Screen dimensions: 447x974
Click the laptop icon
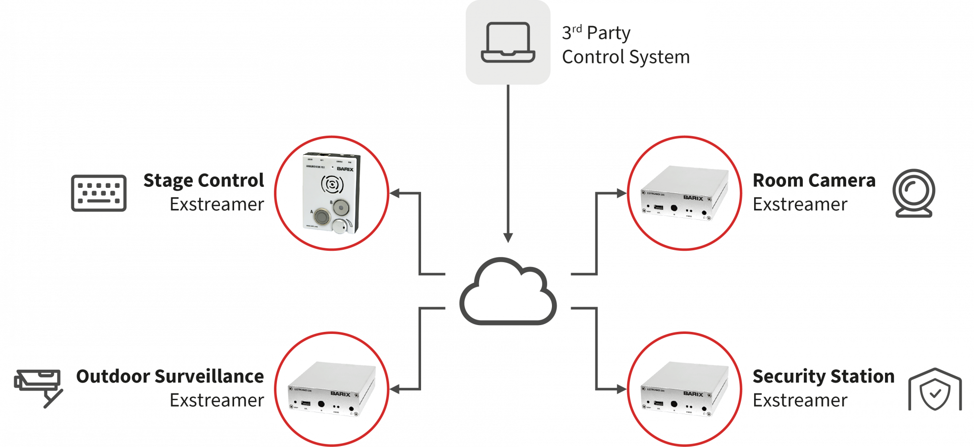tap(508, 42)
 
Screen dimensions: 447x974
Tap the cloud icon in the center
tap(508, 293)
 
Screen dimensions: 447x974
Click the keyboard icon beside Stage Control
tap(98, 193)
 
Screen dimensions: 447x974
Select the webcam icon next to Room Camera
tap(914, 193)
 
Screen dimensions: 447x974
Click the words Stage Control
tap(204, 181)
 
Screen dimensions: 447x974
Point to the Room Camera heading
tap(814, 180)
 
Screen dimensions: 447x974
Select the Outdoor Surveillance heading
tap(170, 376)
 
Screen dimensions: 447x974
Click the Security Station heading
tap(823, 376)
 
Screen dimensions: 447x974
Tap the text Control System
tap(626, 57)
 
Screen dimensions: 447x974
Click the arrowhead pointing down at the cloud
tap(508, 238)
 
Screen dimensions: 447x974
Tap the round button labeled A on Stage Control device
tap(322, 216)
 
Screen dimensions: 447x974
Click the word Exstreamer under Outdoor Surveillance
tap(216, 400)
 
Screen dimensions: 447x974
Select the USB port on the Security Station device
tap(659, 403)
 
